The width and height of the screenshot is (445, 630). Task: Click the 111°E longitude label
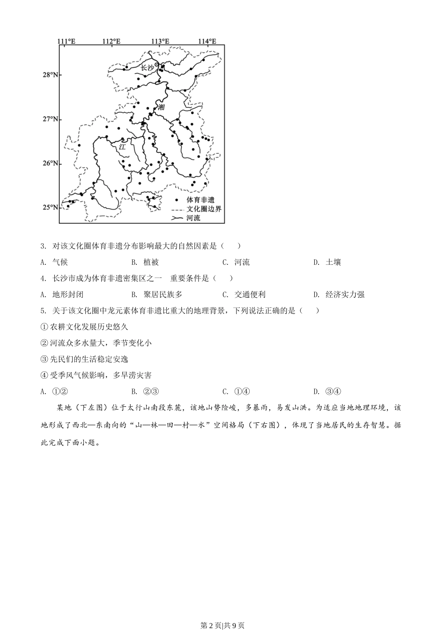tap(67, 41)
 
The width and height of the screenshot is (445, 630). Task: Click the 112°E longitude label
tap(111, 41)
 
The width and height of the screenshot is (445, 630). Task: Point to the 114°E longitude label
tap(207, 41)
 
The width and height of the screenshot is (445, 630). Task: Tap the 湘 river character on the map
tap(162, 107)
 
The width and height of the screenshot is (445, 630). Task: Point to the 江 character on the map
tap(122, 146)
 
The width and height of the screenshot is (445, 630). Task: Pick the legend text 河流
tap(193, 217)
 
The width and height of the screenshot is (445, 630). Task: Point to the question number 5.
tap(43, 311)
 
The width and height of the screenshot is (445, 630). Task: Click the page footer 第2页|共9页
tap(222, 625)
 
